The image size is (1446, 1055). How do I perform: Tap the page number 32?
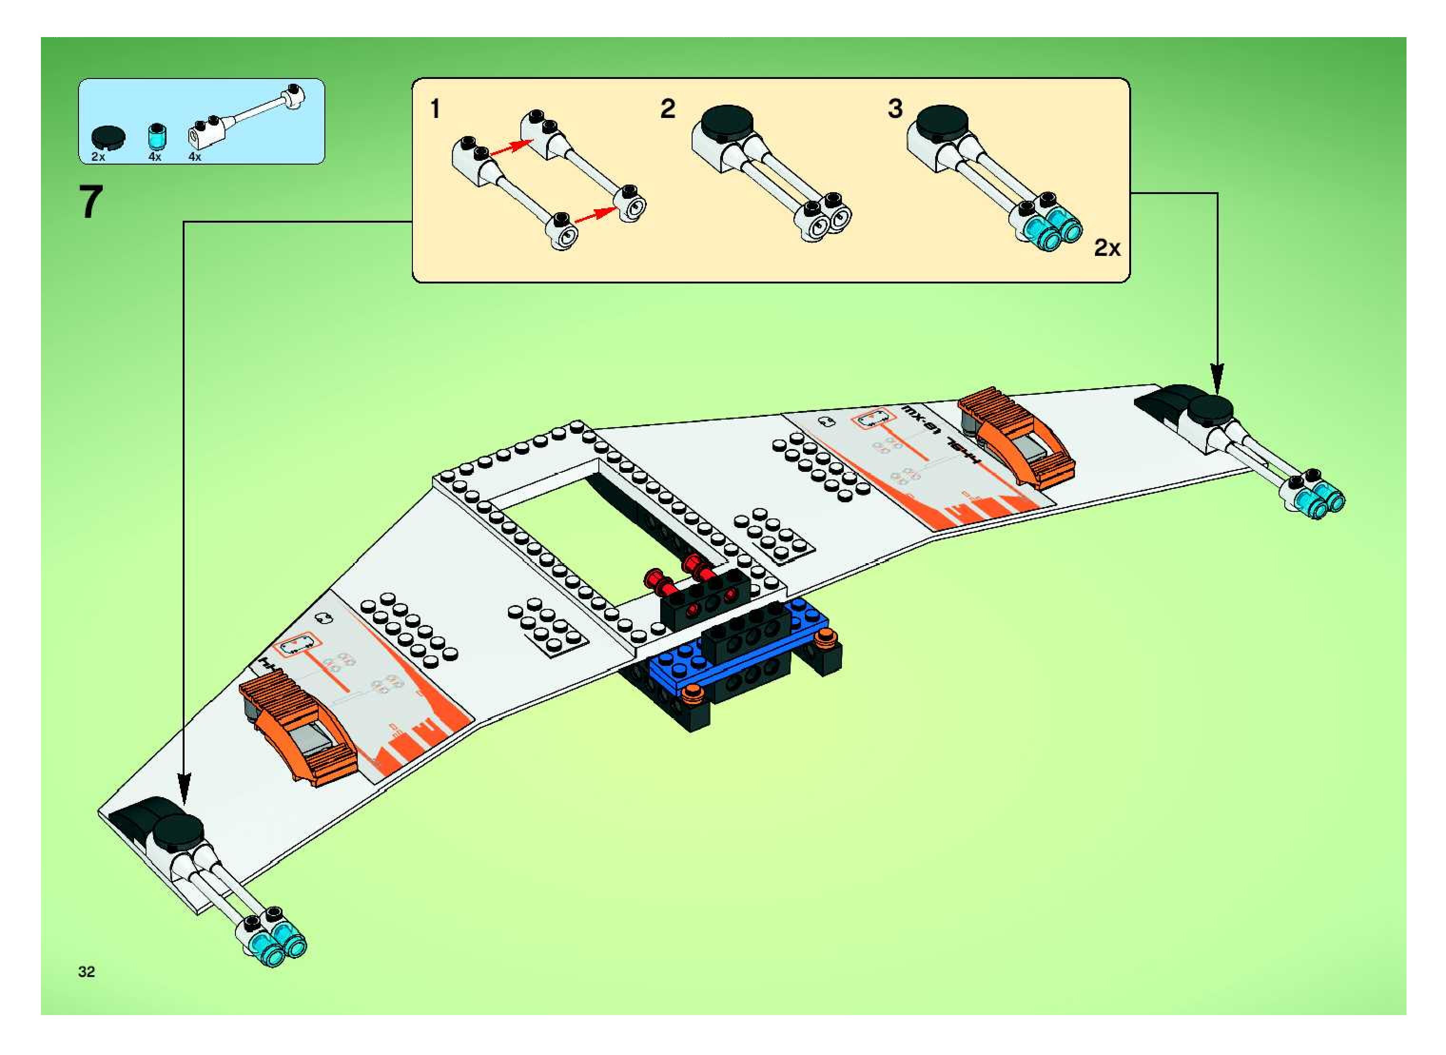click(x=86, y=971)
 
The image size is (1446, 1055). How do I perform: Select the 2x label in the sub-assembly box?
click(x=1107, y=248)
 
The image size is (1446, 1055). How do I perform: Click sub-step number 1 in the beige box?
click(x=435, y=109)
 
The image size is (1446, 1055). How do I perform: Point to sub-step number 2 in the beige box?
click(x=667, y=108)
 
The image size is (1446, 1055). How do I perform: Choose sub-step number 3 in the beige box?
click(x=895, y=108)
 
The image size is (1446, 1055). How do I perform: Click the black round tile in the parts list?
click(x=108, y=136)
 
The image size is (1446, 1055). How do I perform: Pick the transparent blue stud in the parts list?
click(x=155, y=136)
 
